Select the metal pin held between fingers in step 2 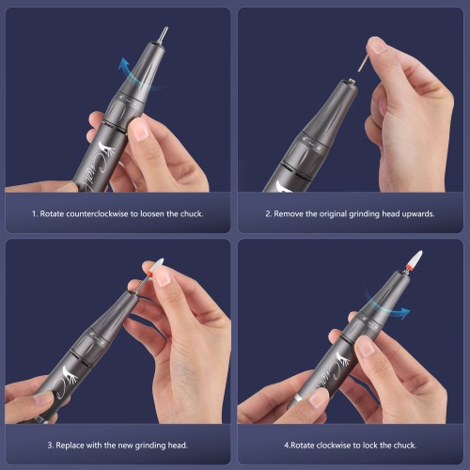pos(362,63)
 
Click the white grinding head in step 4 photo pos(415,258)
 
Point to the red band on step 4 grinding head pos(408,267)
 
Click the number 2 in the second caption pos(268,214)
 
